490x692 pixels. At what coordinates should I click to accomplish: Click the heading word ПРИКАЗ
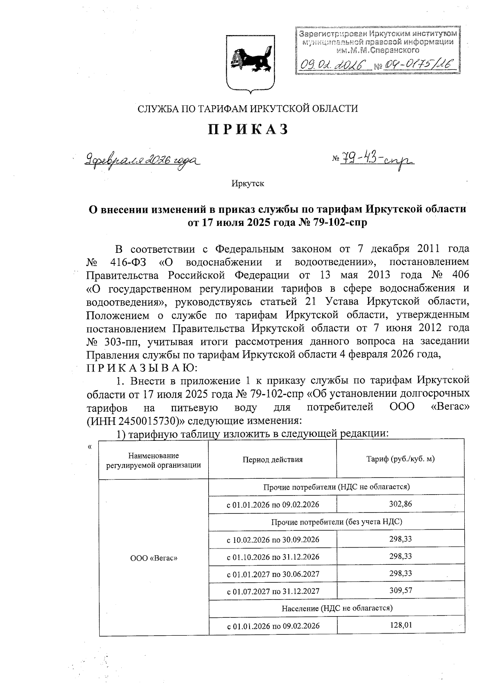(248, 129)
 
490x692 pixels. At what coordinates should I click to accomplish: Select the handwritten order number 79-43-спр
(376, 159)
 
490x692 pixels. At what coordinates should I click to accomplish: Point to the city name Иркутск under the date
(248, 184)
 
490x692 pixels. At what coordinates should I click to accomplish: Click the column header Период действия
(272, 460)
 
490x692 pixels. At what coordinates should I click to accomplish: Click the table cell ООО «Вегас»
(154, 557)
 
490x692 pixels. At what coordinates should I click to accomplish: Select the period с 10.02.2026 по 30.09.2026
(273, 539)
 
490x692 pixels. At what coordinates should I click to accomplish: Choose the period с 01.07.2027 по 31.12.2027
(273, 591)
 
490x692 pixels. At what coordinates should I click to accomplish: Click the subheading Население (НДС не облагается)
(336, 608)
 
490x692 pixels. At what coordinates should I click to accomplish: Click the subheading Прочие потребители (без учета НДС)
(336, 522)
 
